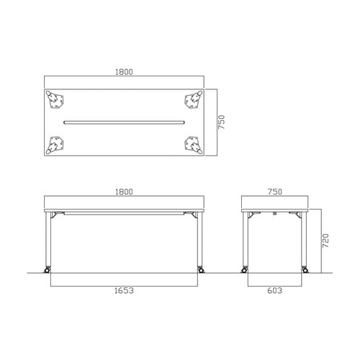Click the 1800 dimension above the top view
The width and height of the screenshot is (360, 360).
click(124, 72)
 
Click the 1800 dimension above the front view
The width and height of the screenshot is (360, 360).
click(124, 192)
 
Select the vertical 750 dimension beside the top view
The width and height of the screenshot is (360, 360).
click(222, 122)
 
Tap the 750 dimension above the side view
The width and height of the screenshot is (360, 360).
click(275, 192)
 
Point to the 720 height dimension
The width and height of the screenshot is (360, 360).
click(325, 240)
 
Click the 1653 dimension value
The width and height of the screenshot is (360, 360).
click(124, 291)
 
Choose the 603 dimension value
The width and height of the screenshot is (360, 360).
click(275, 291)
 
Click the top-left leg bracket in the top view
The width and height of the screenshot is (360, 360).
click(55, 99)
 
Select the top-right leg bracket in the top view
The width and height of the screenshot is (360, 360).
click(193, 99)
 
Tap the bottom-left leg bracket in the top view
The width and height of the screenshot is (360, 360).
click(55, 145)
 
